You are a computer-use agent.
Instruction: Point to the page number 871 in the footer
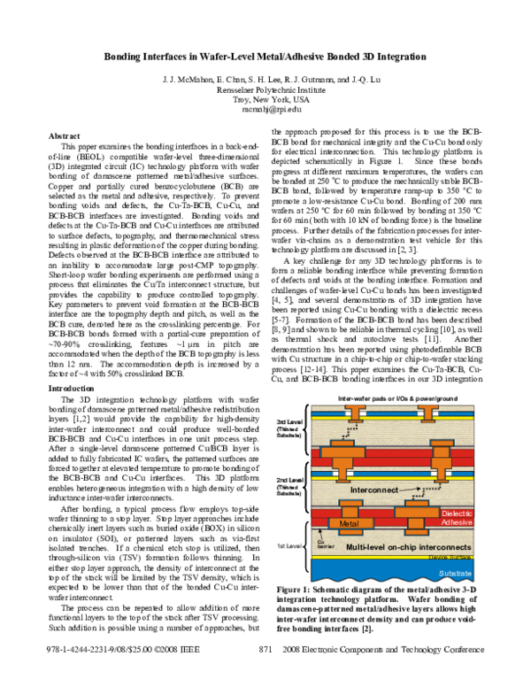click(x=265, y=675)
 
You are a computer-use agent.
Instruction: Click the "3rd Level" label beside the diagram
click(x=294, y=421)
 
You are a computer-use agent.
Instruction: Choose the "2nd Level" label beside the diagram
click(x=294, y=480)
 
